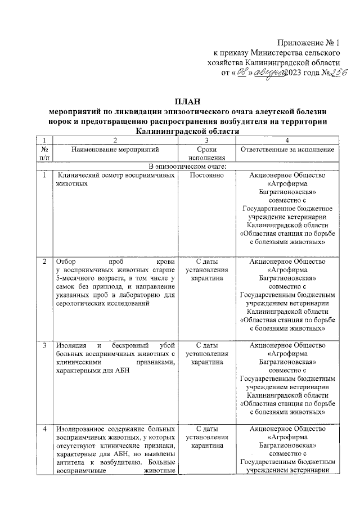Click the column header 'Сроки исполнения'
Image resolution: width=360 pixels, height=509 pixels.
[207, 154]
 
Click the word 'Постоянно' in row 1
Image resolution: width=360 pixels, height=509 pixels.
[207, 176]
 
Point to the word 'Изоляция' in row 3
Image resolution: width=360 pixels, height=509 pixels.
[71, 344]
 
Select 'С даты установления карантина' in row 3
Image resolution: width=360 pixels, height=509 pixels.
[207, 353]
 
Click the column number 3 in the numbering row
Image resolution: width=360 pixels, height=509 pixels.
[207, 139]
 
